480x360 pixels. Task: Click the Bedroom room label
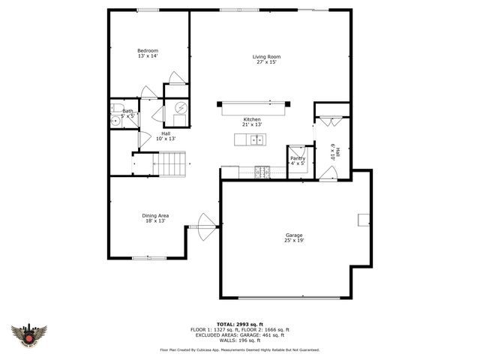coord(148,51)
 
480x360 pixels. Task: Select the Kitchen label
coord(251,120)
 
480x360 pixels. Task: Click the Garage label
coord(293,235)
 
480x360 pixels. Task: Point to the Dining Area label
coord(155,216)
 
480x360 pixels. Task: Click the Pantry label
coord(298,158)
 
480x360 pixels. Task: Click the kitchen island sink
coord(256,139)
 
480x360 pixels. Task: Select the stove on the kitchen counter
coord(262,171)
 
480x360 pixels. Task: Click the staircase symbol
coord(172,163)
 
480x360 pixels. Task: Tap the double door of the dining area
coord(204,226)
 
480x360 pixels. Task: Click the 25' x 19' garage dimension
coord(293,241)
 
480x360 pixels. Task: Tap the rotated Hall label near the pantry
coord(337,151)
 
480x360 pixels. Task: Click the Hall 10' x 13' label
coord(165,136)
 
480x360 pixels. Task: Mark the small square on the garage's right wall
coord(363,219)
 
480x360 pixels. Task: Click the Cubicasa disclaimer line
coord(239,349)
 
